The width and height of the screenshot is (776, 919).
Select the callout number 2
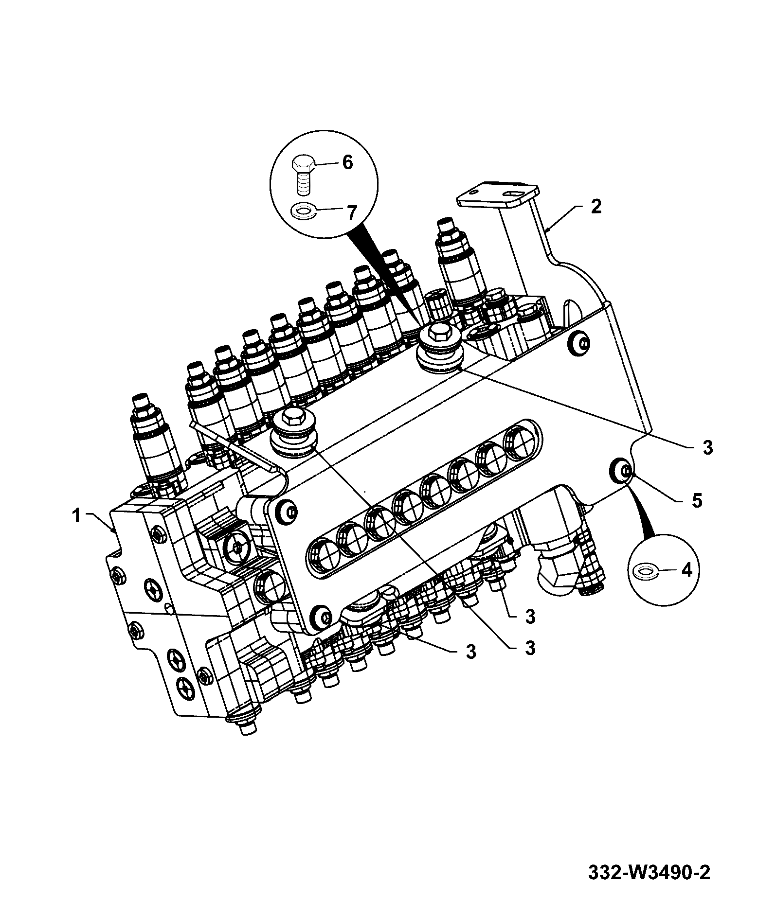click(x=596, y=206)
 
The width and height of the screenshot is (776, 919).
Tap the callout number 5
click(x=697, y=501)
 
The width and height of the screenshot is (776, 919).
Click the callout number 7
click(x=351, y=212)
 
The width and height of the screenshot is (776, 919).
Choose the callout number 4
click(x=686, y=570)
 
